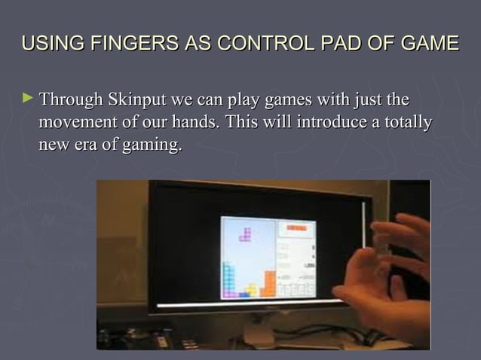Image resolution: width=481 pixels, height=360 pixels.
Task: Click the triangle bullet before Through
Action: coord(29,98)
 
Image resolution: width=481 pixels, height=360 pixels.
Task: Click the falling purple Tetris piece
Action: coord(245,233)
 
